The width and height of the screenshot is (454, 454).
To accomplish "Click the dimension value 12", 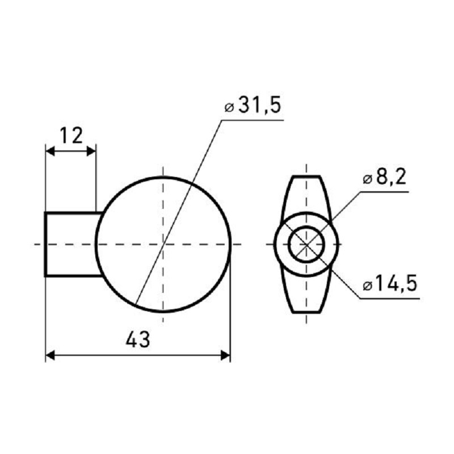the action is [72, 135].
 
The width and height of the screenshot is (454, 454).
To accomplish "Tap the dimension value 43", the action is [138, 339].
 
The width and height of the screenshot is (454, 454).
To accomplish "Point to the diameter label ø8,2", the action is [385, 176].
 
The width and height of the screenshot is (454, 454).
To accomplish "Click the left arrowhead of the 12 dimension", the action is [51, 151].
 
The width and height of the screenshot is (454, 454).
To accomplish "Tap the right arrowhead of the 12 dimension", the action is [91, 151].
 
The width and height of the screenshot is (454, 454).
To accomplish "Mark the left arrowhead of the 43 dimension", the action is [51, 355].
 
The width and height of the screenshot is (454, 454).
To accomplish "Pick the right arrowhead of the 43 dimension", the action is [225, 355].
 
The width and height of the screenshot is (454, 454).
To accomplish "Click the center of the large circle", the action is [163, 245].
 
